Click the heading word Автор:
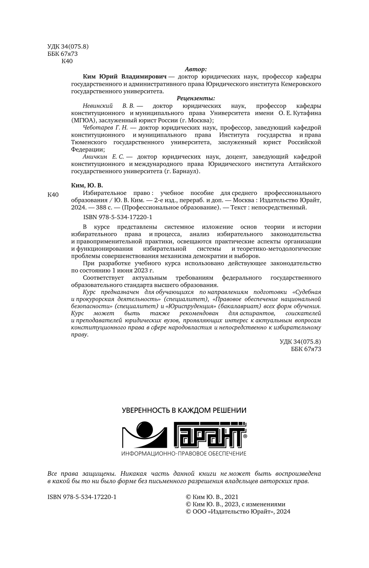[x=196, y=69]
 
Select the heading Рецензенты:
[x=196, y=98]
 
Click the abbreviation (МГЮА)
[x=84, y=121]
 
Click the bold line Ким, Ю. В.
[x=87, y=186]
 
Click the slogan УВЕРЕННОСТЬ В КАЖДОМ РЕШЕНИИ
[x=184, y=410]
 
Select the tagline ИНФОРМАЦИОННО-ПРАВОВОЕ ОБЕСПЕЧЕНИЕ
[x=184, y=453]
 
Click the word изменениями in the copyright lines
[x=266, y=504]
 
